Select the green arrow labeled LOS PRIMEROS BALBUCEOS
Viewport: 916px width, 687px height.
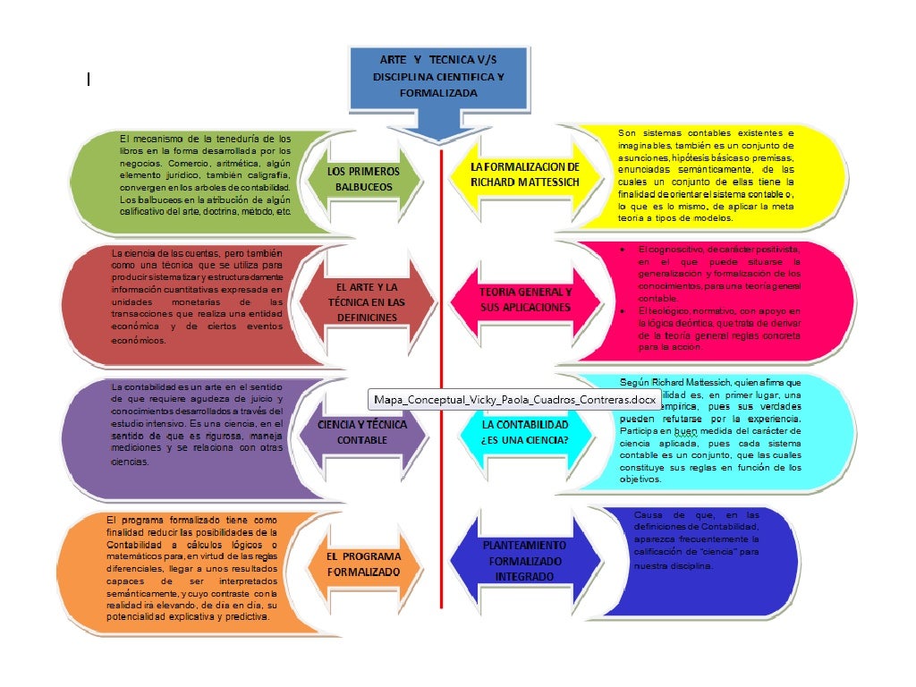357,178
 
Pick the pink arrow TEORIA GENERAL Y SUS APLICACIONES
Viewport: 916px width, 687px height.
524,300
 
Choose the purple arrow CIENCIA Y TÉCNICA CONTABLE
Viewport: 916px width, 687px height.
361,433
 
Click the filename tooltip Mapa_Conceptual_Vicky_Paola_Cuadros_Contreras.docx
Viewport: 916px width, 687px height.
514,399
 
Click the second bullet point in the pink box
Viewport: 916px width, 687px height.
622,310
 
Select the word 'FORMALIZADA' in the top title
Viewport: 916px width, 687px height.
438,92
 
